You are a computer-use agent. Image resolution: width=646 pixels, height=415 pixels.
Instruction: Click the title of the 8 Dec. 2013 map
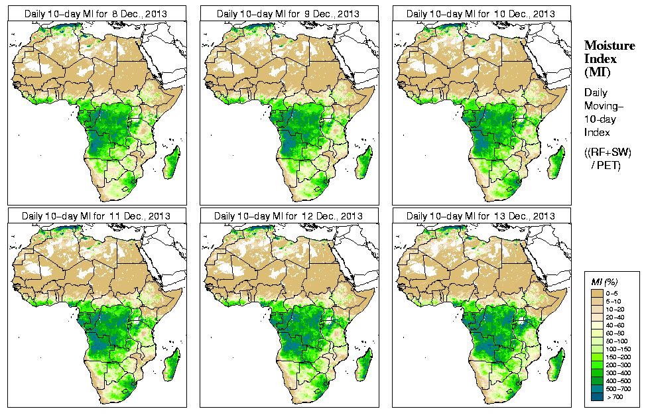tap(96, 14)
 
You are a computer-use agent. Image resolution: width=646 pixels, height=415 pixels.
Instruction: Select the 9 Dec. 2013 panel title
tap(289, 14)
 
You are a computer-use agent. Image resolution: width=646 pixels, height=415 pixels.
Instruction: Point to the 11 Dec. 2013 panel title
tap(96, 216)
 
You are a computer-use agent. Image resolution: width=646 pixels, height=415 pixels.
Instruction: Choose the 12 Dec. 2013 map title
tap(289, 216)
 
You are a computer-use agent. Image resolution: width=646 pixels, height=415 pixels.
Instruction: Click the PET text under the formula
tap(611, 166)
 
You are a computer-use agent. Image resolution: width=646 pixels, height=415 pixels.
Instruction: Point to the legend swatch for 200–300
tap(597, 364)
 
